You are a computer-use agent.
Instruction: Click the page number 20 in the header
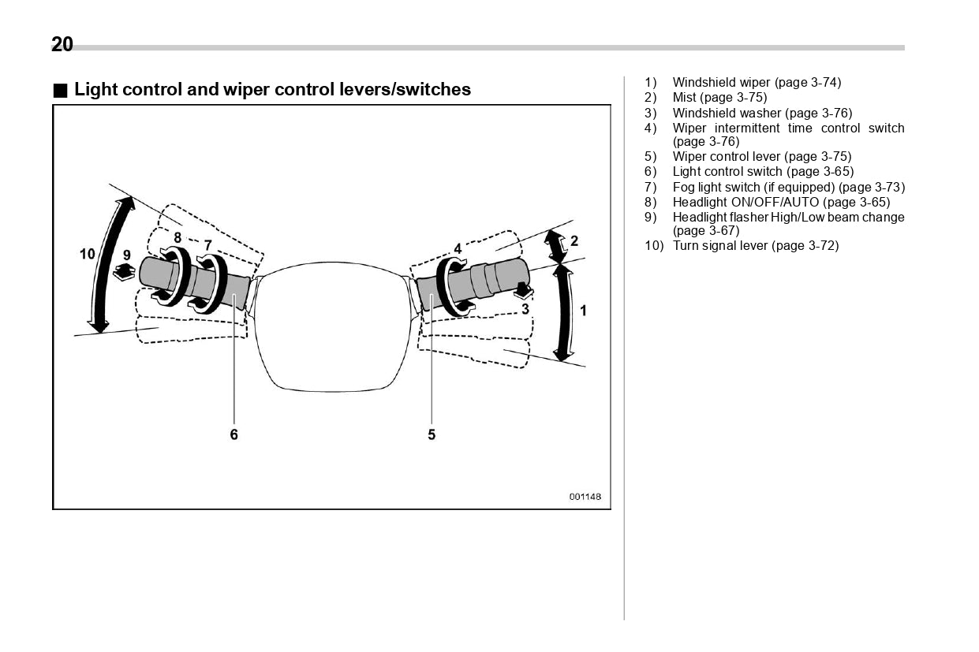pos(62,45)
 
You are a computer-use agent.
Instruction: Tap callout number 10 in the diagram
pos(87,253)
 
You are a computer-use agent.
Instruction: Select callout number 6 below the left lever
pos(234,434)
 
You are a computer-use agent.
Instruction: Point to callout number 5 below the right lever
pos(432,434)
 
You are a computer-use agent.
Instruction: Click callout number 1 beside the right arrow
pos(583,311)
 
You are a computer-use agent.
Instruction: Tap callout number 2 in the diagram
pos(574,240)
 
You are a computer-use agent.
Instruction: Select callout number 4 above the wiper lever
pos(458,249)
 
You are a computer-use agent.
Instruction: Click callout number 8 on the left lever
pos(177,237)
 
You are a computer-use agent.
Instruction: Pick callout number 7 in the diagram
pos(207,245)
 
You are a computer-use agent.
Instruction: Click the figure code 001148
pos(585,497)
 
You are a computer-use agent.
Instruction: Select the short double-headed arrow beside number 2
pos(556,247)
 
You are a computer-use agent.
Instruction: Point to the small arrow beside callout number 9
pos(124,273)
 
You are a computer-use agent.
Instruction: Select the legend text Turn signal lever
pos(720,246)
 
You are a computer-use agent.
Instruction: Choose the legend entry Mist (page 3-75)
pos(719,98)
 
